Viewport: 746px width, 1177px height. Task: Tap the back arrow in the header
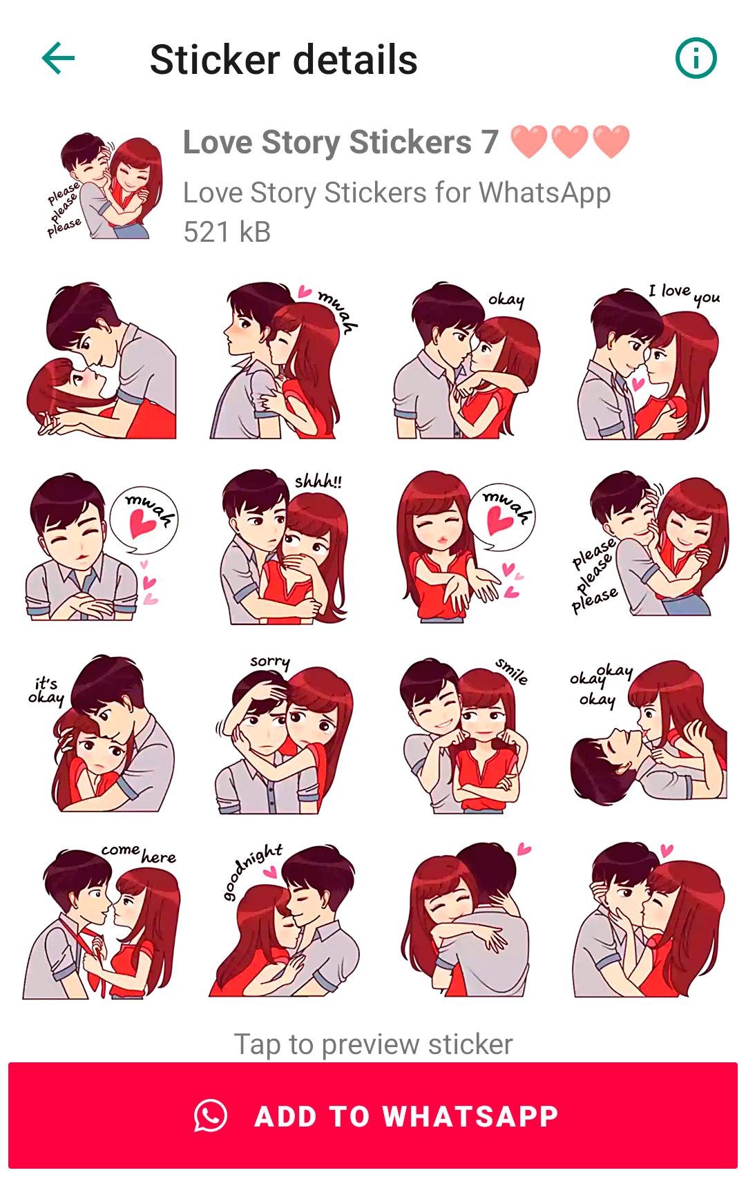pos(58,58)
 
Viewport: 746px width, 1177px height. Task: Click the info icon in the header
pos(696,58)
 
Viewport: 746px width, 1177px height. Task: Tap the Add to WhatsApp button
pos(373,1115)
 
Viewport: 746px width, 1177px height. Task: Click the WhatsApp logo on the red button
pos(211,1115)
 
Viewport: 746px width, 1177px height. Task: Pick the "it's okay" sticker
pos(101,734)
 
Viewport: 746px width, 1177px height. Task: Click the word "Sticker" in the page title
pos(215,59)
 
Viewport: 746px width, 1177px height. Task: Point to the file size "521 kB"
pos(227,231)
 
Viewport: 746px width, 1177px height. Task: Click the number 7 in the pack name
pos(489,142)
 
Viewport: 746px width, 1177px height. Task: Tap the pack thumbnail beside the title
pos(104,186)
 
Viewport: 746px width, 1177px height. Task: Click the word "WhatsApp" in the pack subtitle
pos(545,193)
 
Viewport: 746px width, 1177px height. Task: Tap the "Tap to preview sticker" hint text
pos(373,1044)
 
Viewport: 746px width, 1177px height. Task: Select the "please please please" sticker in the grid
pos(649,544)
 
